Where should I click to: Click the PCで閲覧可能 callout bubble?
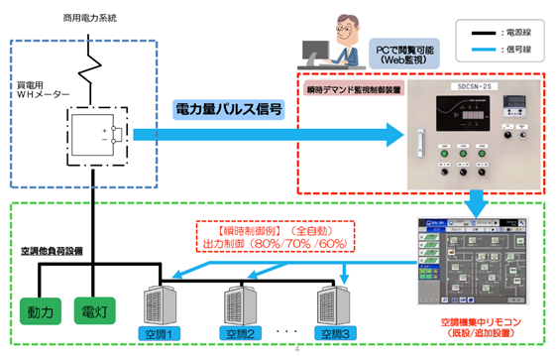point(396,53)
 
